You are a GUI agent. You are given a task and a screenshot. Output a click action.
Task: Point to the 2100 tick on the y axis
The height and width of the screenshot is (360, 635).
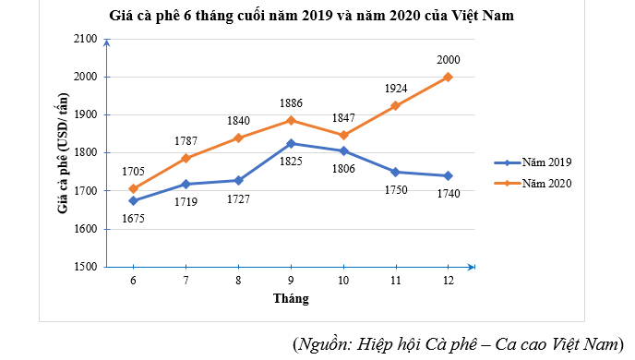point(85,39)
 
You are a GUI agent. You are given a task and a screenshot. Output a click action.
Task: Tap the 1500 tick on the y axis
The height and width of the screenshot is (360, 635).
point(85,267)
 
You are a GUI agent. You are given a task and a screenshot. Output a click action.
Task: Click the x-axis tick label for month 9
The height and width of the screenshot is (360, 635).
point(291,281)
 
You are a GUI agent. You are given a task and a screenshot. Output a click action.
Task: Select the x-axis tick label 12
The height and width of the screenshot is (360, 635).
point(448,281)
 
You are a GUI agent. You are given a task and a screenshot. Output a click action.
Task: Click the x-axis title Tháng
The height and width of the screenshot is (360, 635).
point(291,298)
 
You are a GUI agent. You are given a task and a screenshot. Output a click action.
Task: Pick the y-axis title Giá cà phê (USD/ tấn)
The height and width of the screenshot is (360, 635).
point(63,152)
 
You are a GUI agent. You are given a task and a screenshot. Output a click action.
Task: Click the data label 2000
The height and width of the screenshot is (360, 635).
point(448,60)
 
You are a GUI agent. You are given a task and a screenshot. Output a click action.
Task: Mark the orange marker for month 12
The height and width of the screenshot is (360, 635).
point(448,77)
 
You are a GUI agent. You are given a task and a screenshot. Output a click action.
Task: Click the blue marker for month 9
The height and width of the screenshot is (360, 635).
point(291,143)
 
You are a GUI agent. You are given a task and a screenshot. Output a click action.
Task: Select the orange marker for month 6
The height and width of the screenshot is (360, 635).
point(134,189)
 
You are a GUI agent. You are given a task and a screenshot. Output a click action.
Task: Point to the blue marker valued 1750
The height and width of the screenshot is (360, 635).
point(395,172)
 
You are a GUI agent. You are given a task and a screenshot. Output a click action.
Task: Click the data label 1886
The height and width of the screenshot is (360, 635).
point(291,103)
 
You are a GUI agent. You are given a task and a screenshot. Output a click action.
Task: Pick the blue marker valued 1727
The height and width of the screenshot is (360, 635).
point(238,180)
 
